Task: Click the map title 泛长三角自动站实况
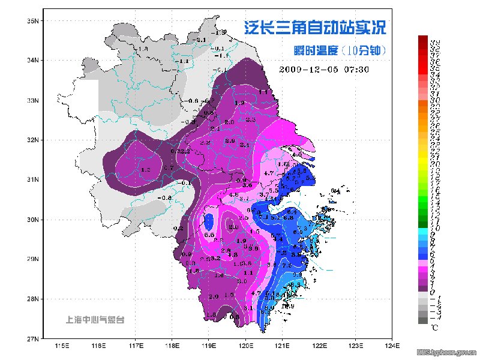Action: pos(314,28)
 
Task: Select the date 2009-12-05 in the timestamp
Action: pos(309,69)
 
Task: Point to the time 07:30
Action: pos(355,69)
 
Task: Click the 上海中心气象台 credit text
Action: pos(95,320)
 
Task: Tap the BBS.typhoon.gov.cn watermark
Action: pos(447,352)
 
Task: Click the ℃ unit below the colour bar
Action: pos(435,328)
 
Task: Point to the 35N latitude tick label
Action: pos(32,21)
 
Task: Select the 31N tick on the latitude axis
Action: pos(32,179)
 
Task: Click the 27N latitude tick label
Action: pos(32,338)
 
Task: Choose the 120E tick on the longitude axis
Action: pos(245,346)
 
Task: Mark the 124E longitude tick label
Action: pos(392,346)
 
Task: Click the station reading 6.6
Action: pos(209,235)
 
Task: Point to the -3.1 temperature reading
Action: pos(201,40)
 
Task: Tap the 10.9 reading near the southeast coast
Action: pos(287,307)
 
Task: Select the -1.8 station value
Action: pos(142,49)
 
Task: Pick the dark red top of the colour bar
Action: pos(423,38)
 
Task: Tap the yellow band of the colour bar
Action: pos(423,160)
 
